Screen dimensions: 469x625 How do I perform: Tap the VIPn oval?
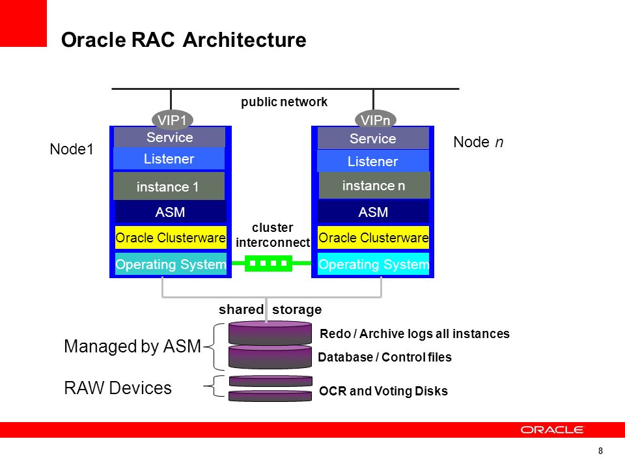376,119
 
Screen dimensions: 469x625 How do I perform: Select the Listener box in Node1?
169,159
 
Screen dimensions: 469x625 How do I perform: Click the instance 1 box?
169,187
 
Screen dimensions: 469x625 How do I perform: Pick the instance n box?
374,186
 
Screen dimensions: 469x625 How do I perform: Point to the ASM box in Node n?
373,212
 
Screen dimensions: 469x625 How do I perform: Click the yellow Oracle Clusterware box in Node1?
171,238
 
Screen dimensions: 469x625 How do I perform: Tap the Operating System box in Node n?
373,264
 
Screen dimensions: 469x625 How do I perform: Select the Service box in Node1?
170,137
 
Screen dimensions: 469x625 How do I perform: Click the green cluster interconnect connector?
269,264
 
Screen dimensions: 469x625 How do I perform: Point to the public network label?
285,102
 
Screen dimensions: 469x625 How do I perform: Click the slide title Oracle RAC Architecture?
183,40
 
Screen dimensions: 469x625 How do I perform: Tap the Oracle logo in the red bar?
552,430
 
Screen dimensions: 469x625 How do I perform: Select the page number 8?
600,451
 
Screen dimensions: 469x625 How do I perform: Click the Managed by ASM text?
132,347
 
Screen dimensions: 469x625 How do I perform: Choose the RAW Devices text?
118,388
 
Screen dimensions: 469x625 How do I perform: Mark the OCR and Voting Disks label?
383,391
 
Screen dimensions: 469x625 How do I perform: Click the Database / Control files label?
384,358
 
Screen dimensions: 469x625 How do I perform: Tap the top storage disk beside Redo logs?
270,333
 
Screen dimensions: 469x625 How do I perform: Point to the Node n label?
478,143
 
